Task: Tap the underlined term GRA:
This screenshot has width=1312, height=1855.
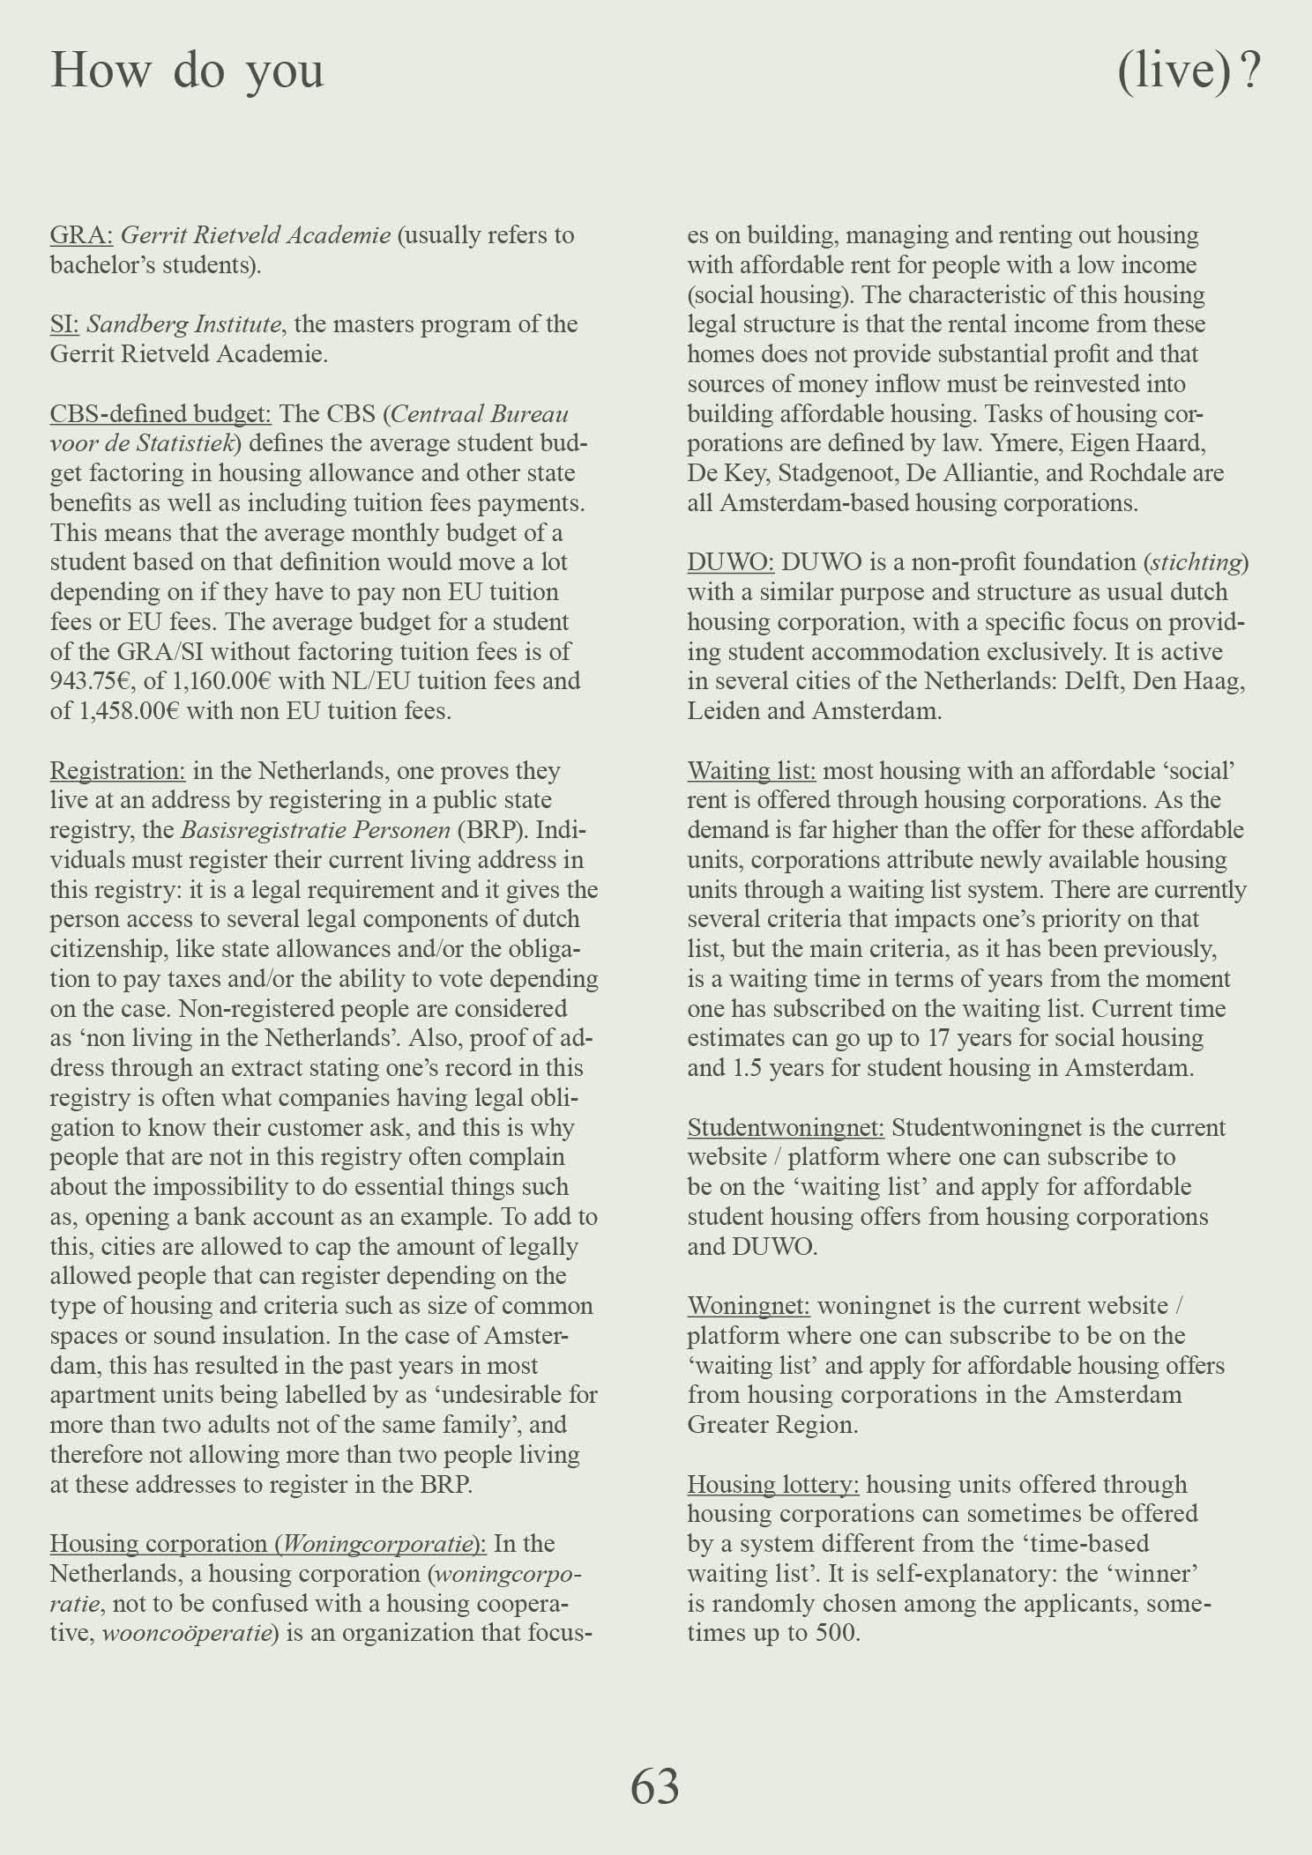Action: pyautogui.click(x=81, y=235)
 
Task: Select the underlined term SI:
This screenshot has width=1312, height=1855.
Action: pyautogui.click(x=64, y=324)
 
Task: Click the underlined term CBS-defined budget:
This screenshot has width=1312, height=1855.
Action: pyautogui.click(x=160, y=413)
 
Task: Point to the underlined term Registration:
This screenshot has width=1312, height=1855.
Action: pyautogui.click(x=117, y=770)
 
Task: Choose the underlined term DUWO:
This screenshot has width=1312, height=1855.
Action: pyautogui.click(x=731, y=562)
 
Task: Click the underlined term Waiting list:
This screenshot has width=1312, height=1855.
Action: pyautogui.click(x=751, y=770)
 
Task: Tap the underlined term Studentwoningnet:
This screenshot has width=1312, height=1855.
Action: pyautogui.click(x=786, y=1127)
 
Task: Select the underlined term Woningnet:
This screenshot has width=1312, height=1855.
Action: pyautogui.click(x=749, y=1305)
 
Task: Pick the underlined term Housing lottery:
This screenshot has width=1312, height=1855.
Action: pyautogui.click(x=773, y=1484)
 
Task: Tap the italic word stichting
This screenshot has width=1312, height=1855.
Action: pyautogui.click(x=1198, y=562)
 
